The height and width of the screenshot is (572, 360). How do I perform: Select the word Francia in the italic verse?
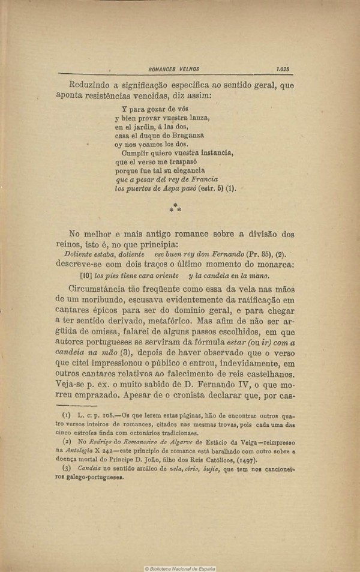[202, 179]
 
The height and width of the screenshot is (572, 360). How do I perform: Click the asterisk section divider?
[175, 208]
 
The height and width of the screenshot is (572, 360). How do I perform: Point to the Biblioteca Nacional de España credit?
[180, 568]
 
